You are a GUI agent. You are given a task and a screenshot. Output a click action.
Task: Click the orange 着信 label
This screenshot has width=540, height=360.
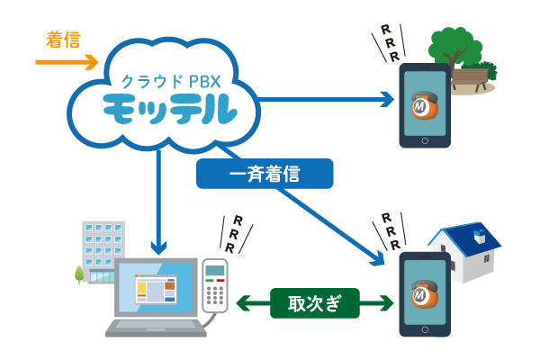(x=63, y=40)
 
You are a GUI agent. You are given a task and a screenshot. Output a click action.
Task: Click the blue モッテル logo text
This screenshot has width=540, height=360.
(x=170, y=110)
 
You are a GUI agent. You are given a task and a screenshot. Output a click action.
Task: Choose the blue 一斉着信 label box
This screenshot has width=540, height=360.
(x=265, y=174)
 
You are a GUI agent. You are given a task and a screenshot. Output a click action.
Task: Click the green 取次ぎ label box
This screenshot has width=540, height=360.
(x=315, y=303)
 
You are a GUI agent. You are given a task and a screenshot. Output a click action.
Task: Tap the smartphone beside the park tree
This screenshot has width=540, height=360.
(x=425, y=105)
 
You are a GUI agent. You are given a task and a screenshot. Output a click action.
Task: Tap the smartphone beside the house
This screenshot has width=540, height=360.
(x=425, y=293)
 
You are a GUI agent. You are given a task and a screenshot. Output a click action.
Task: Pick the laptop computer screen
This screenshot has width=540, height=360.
(x=156, y=288)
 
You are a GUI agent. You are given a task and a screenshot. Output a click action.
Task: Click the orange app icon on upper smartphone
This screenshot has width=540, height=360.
(x=424, y=106)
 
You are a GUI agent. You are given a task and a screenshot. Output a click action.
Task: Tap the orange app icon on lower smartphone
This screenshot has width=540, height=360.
(x=424, y=294)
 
